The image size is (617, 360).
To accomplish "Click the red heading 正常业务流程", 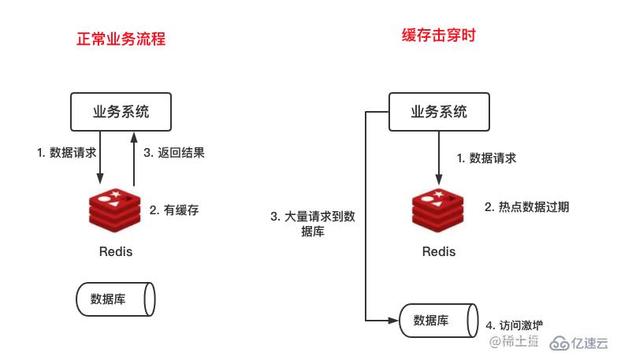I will click(x=121, y=38).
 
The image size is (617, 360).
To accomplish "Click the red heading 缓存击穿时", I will click(x=439, y=35).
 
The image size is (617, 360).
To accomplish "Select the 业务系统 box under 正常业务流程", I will click(x=121, y=111).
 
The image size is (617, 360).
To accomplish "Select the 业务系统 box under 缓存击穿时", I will click(x=439, y=111).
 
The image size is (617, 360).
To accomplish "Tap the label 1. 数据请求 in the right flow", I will click(x=487, y=158).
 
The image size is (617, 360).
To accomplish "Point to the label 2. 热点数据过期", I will click(x=526, y=207).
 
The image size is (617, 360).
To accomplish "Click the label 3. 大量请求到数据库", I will click(x=313, y=224).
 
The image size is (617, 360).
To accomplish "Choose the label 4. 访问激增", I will click(x=514, y=325).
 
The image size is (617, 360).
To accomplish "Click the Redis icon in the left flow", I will click(x=116, y=211).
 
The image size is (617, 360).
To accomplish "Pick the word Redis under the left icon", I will click(x=116, y=252).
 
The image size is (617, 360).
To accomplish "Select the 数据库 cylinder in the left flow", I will click(x=116, y=299).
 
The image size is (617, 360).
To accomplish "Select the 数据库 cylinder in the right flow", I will click(x=437, y=320).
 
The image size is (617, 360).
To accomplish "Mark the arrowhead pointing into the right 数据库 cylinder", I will click(x=396, y=320).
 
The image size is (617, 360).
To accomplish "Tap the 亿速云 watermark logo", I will click(x=579, y=342).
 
